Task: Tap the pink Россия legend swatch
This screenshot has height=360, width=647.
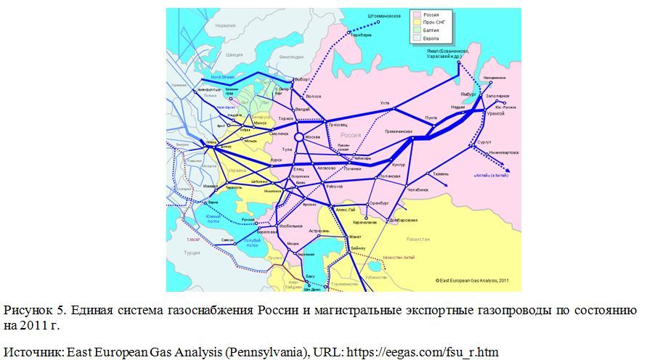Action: pos(415,15)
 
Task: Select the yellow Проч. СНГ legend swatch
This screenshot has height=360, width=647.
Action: pos(415,22)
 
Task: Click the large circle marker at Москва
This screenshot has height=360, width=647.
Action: pos(298,137)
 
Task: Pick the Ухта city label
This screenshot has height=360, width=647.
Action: pos(384,103)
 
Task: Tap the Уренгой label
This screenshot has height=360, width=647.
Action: pos(495,113)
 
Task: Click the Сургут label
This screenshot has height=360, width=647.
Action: pos(484,142)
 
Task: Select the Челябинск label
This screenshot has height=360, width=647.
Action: pos(417,189)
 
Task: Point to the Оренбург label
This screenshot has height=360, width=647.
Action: pos(380,202)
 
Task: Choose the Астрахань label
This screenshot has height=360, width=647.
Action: pos(320,231)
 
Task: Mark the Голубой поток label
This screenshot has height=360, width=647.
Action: pos(252,242)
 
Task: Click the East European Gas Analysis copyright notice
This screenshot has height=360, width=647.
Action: pos(472,279)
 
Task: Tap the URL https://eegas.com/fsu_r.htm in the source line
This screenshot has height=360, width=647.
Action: pos(423,352)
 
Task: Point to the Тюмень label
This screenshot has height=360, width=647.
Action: pos(441,174)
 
